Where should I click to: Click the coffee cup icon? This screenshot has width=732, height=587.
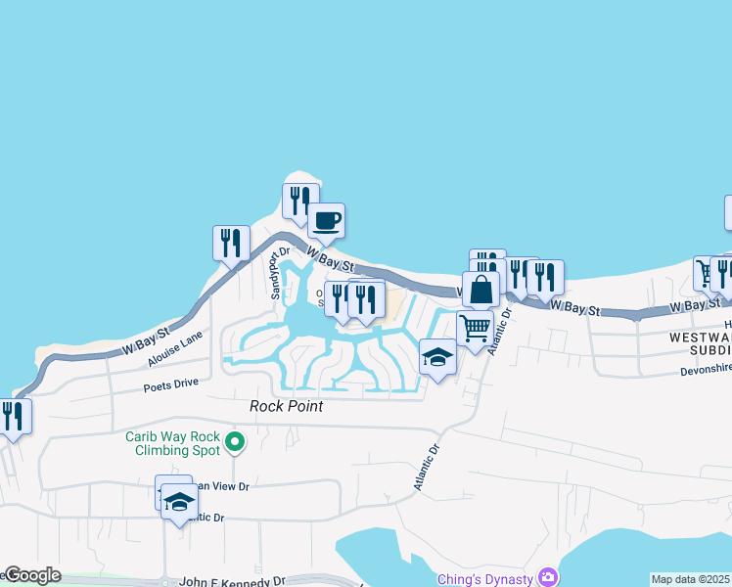pyautogui.click(x=326, y=220)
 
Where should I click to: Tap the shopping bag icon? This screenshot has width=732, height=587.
pyautogui.click(x=480, y=290)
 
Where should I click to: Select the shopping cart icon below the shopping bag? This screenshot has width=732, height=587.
pyautogui.click(x=475, y=329)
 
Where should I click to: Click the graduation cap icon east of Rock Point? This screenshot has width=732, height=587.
pyautogui.click(x=437, y=357)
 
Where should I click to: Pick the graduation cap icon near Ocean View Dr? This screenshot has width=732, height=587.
pyautogui.click(x=179, y=503)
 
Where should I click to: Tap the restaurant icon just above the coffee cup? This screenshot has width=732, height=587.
pyautogui.click(x=299, y=200)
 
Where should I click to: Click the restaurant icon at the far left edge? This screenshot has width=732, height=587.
pyautogui.click(x=13, y=417)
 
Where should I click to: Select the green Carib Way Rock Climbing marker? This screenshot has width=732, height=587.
pyautogui.click(x=234, y=444)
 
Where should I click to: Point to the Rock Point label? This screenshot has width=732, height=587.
pyautogui.click(x=286, y=406)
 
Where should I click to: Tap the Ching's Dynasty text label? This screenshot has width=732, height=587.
pyautogui.click(x=485, y=578)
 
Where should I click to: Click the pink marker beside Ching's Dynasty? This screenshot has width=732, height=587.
pyautogui.click(x=548, y=578)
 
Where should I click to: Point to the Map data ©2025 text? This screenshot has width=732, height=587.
pyautogui.click(x=690, y=579)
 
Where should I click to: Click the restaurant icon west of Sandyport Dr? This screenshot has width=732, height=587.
pyautogui.click(x=231, y=243)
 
